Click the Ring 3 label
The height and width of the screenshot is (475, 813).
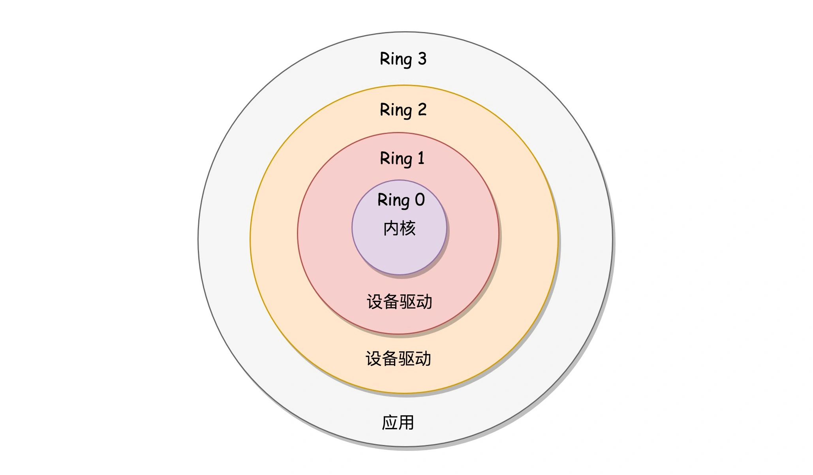[x=403, y=59]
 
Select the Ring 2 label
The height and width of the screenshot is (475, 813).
[x=403, y=110]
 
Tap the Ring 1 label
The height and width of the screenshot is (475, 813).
[x=402, y=159]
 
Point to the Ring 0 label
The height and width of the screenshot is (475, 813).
[x=401, y=200]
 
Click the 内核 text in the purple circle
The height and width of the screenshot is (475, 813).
[x=400, y=228]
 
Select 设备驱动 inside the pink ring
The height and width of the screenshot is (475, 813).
[x=399, y=302]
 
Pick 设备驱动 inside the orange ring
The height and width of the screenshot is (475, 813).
[x=398, y=359]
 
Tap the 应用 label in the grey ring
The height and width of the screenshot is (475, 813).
[x=398, y=422]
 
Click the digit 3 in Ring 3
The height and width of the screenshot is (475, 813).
[x=422, y=59]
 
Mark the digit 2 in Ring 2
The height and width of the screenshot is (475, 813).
[x=422, y=110]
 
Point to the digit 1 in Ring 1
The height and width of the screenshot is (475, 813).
[x=421, y=158]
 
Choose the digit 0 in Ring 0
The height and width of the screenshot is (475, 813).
[x=420, y=200]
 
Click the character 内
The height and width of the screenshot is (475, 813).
[x=391, y=228]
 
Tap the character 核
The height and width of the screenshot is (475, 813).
[x=408, y=228]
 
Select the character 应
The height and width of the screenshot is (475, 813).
[x=389, y=422]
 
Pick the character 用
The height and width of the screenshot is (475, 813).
[x=406, y=422]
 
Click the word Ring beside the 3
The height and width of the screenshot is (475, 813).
[x=396, y=59]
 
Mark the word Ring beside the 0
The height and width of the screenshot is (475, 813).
[x=393, y=200]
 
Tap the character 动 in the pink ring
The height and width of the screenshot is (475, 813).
[x=424, y=302]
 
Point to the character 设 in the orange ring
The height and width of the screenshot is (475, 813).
[x=373, y=359]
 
